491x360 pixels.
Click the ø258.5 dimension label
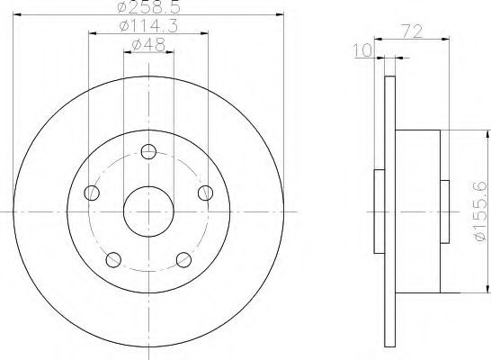pos(148,6)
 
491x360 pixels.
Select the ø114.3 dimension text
pos(148,26)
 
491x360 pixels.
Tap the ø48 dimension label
pos(148,45)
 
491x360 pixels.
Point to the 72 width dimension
pos(412,31)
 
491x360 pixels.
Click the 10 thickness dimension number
pos(362,50)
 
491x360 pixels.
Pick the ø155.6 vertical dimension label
pos(481,211)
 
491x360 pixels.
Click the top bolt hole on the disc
pos(148,151)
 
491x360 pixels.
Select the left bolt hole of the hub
pos(92,193)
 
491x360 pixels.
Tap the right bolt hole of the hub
pos(205,193)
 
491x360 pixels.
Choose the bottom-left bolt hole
pos(113,260)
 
